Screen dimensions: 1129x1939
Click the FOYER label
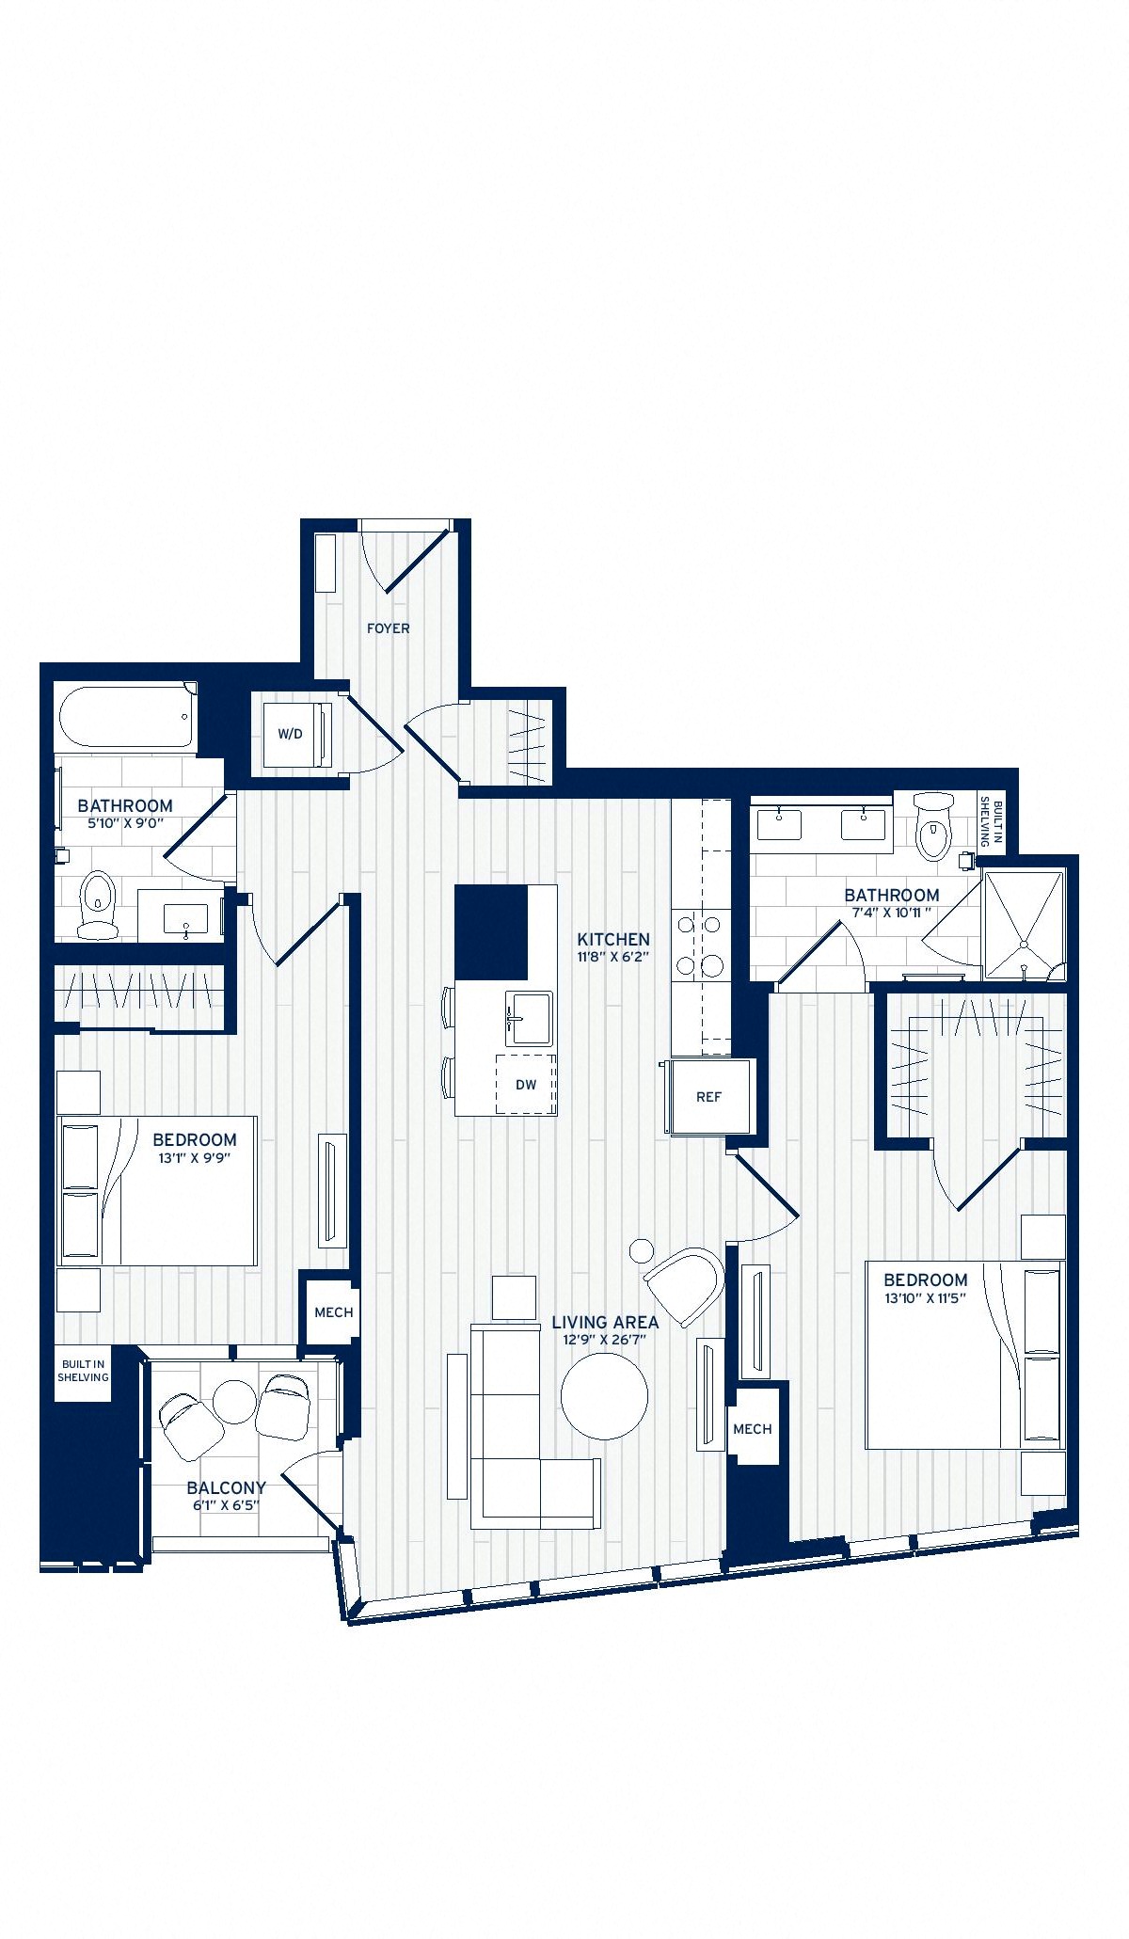point(388,628)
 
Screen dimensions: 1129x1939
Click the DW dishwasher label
point(526,1085)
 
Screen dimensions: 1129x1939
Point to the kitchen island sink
point(531,1018)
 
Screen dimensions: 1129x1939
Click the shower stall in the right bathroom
point(1023,926)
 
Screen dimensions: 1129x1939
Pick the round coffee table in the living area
point(604,1396)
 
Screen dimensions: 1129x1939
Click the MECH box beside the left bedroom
point(333,1312)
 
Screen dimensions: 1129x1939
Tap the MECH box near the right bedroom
point(753,1429)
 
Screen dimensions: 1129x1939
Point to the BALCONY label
point(226,1487)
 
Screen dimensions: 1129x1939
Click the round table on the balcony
point(234,1403)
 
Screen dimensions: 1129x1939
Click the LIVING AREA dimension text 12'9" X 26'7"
point(605,1340)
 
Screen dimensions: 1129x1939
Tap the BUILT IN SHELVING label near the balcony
point(83,1371)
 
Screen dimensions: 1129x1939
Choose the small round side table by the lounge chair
point(642,1250)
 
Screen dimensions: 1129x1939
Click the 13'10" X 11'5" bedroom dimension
point(926,1297)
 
